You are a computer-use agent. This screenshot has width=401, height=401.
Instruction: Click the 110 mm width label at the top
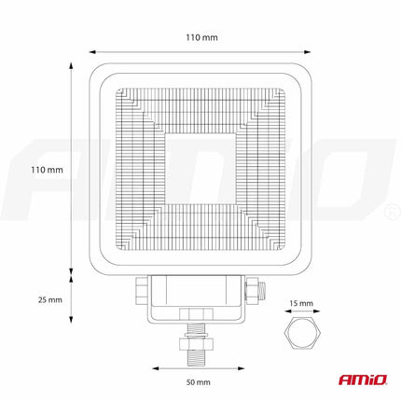pyautogui.click(x=200, y=37)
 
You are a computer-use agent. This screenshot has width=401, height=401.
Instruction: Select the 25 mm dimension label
pyautogui.click(x=48, y=299)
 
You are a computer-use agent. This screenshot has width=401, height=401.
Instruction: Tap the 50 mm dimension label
pyautogui.click(x=199, y=382)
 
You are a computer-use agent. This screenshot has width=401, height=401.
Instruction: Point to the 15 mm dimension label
pyautogui.click(x=301, y=303)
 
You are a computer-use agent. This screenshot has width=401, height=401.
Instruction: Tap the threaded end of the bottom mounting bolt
pyautogui.click(x=199, y=353)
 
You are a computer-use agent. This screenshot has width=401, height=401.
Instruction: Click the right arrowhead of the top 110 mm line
pyautogui.click(x=309, y=50)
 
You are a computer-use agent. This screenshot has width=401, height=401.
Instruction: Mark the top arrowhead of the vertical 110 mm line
pyautogui.click(x=74, y=65)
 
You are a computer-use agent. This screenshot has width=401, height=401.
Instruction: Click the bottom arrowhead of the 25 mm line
pyautogui.click(x=74, y=321)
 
